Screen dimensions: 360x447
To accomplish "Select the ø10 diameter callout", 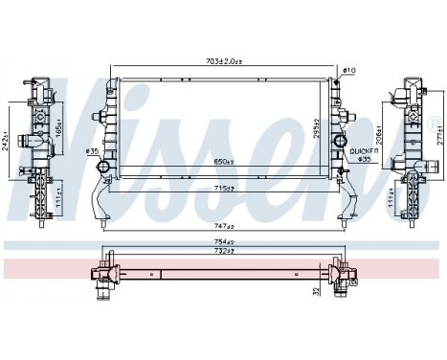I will tap(347, 71).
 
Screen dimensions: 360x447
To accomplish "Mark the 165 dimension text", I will tap(59, 125).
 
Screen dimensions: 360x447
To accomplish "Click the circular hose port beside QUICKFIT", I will tap(339, 143).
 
